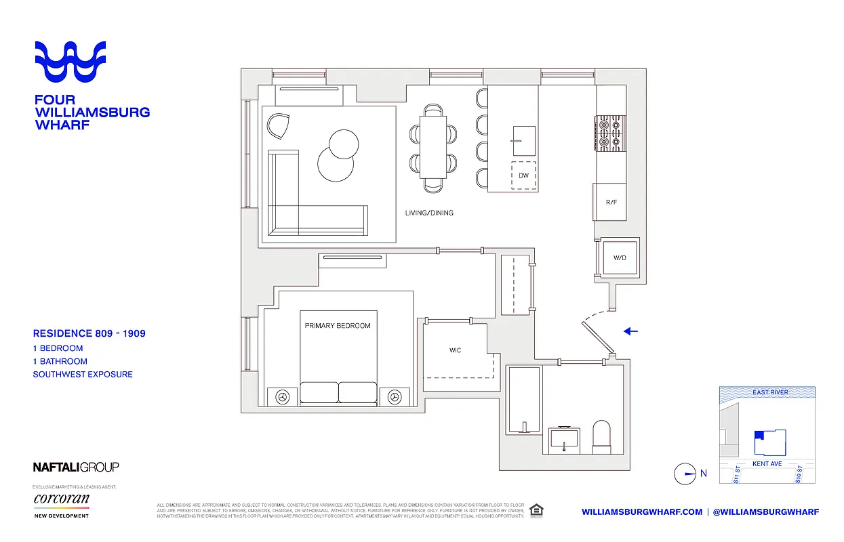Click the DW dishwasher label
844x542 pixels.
(x=523, y=175)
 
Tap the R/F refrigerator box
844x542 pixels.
(x=610, y=202)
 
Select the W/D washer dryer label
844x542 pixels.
(x=620, y=258)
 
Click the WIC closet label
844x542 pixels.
(x=456, y=351)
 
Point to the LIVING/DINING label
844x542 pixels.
(x=429, y=213)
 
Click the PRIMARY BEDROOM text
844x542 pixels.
(x=338, y=326)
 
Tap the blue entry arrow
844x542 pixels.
(x=630, y=331)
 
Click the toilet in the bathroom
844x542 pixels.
(x=602, y=437)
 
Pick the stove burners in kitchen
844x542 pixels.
(x=609, y=133)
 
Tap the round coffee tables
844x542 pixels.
(x=339, y=155)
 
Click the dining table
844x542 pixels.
(x=433, y=146)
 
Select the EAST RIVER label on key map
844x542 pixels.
(x=770, y=392)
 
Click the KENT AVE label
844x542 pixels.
(x=767, y=464)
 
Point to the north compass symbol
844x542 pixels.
(x=685, y=474)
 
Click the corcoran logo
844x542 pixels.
(x=61, y=500)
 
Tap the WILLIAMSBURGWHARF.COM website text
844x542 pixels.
(x=642, y=512)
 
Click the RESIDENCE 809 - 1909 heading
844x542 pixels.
(x=89, y=333)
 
